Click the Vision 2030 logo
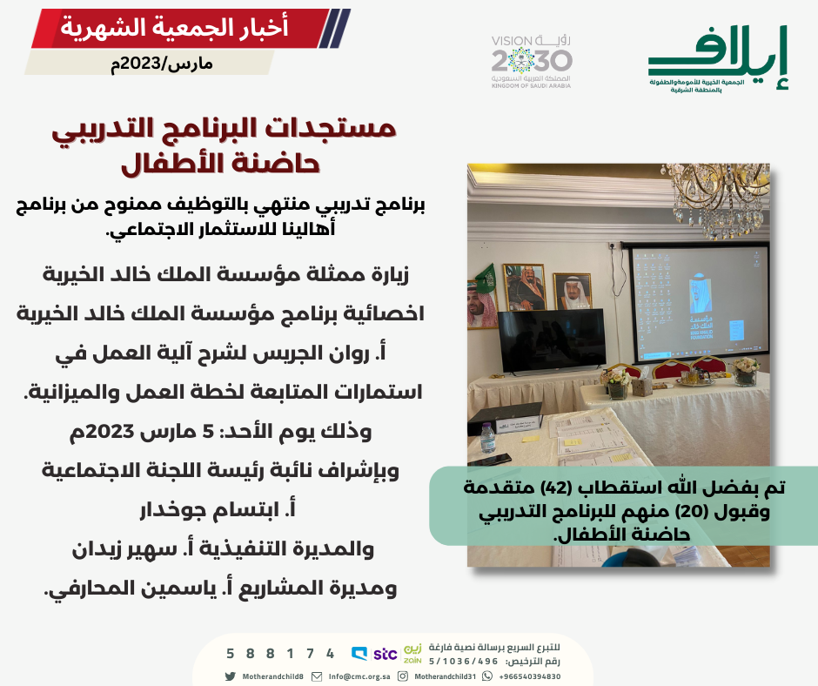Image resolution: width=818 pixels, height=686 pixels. [x=531, y=62]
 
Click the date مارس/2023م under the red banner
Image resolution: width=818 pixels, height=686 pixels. [x=161, y=64]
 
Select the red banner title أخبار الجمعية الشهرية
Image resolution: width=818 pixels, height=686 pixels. [x=174, y=27]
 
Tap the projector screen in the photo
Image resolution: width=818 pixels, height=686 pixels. [x=699, y=303]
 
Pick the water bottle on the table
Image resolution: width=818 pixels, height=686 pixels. [x=487, y=438]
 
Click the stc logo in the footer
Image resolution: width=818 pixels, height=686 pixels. [x=385, y=654]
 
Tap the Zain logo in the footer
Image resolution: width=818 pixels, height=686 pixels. [x=412, y=654]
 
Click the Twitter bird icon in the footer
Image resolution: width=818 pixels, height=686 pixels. [x=230, y=676]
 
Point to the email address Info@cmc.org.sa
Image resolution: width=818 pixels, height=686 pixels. [x=359, y=676]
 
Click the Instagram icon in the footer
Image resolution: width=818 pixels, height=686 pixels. [x=403, y=676]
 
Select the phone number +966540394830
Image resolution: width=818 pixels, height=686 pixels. [x=529, y=676]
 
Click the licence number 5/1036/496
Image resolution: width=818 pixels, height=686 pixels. [x=463, y=662]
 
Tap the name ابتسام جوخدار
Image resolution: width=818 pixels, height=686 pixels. [x=218, y=509]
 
